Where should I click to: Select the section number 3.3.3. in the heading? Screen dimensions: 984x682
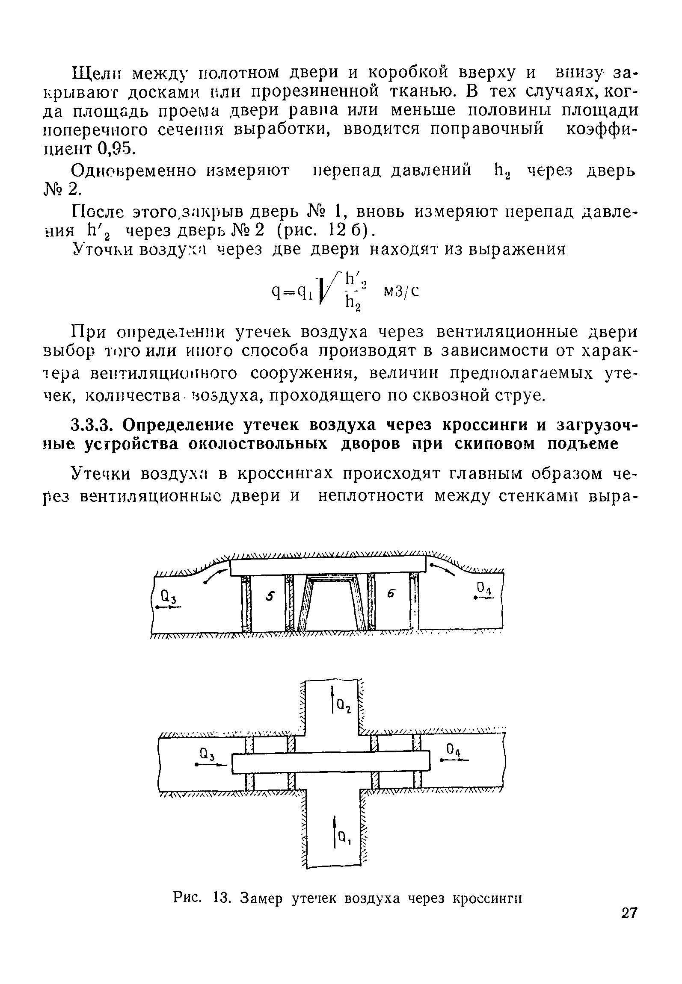click(x=92, y=425)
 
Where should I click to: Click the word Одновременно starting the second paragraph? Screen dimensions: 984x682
click(x=137, y=171)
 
